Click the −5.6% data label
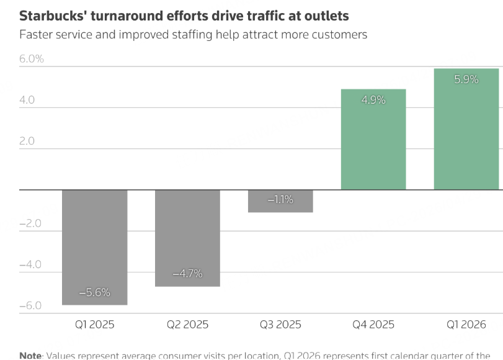pyautogui.click(x=95, y=292)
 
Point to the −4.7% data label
pyautogui.click(x=187, y=273)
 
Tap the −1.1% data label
pyautogui.click(x=280, y=200)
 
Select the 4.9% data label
pyautogui.click(x=373, y=99)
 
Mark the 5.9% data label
pyautogui.click(x=466, y=79)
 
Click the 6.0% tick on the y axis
pyautogui.click(x=32, y=59)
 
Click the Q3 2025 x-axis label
pyautogui.click(x=280, y=325)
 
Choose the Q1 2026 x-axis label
pyautogui.click(x=466, y=325)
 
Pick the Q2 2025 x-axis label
pyautogui.click(x=187, y=325)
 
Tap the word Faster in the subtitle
pyautogui.click(x=36, y=35)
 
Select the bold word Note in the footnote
pyautogui.click(x=30, y=356)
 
